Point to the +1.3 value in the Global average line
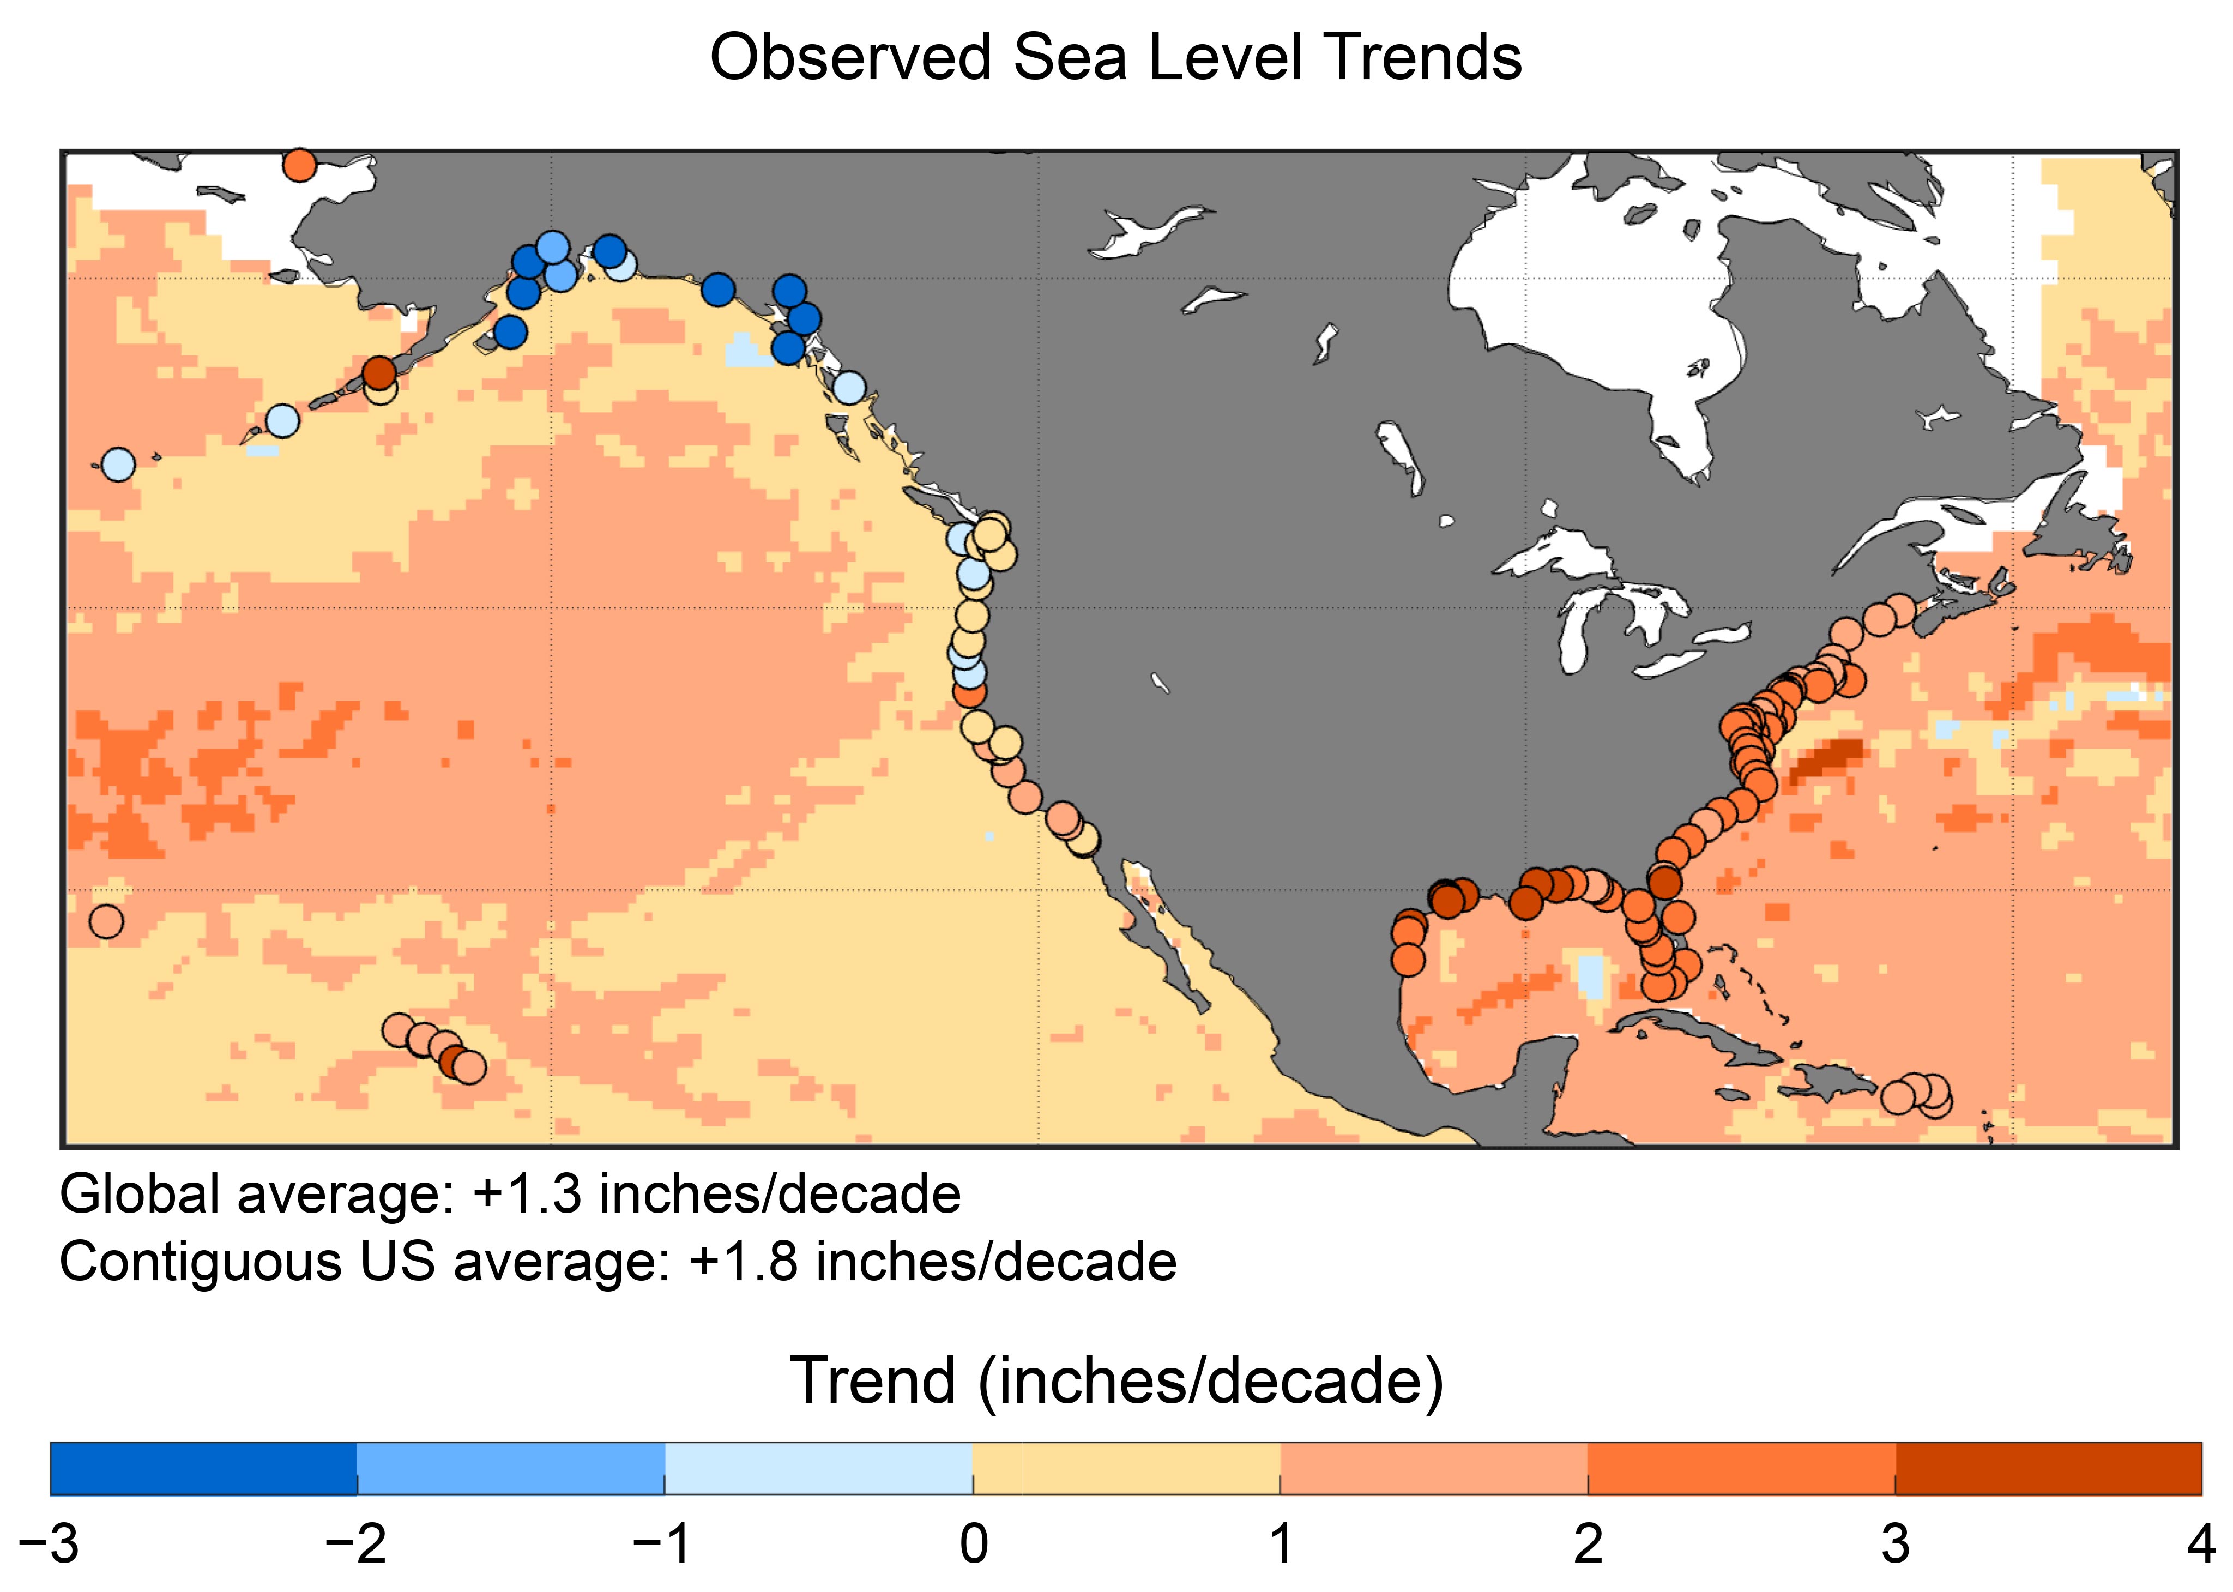point(527,1194)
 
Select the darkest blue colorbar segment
point(204,1468)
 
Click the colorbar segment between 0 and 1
point(1126,1468)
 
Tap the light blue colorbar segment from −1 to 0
point(818,1468)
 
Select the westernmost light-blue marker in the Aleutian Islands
point(118,463)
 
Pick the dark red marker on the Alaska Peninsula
point(379,372)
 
